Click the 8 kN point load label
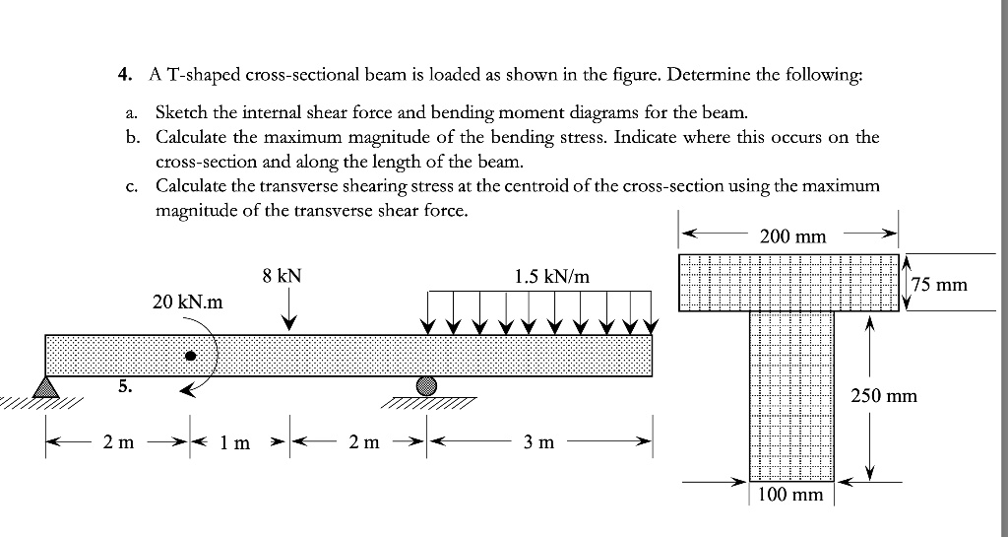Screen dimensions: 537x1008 pos(282,278)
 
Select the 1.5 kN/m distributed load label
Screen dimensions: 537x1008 pos(552,278)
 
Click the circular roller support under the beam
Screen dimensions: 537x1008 pos(426,386)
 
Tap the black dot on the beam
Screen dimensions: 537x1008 pos(191,355)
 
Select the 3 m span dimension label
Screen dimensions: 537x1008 pos(538,442)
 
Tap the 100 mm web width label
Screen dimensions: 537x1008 pos(792,494)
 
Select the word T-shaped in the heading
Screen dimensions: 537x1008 pos(197,74)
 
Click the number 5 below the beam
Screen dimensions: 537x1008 pos(123,386)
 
